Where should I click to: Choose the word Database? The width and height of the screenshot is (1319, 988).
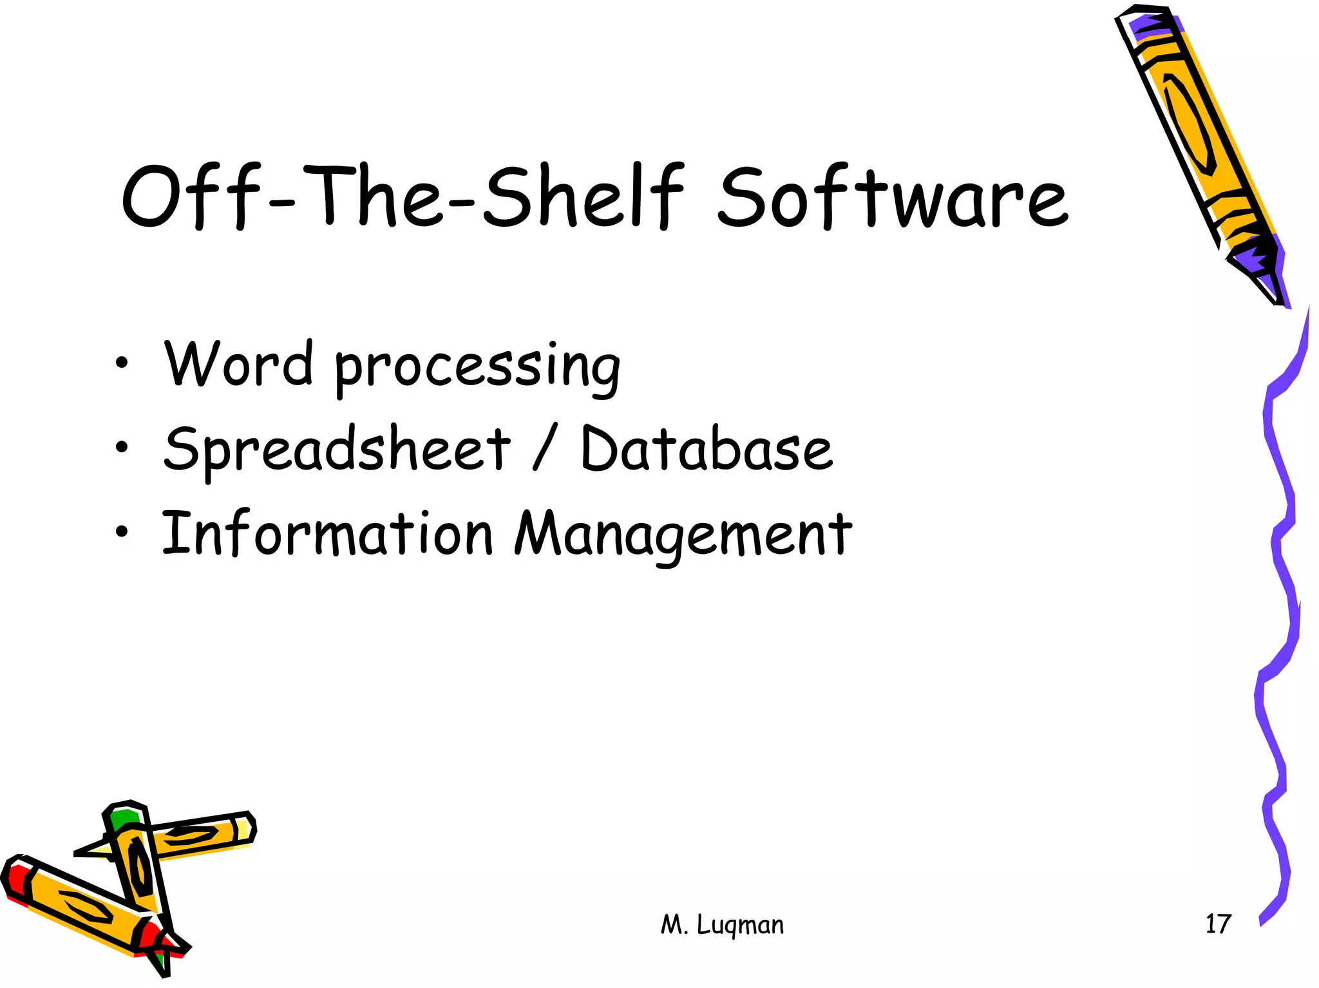click(706, 449)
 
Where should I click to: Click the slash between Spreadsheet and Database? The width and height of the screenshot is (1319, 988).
click(545, 449)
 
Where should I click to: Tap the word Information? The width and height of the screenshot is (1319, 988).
click(327, 533)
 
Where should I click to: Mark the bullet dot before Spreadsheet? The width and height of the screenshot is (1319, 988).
click(122, 447)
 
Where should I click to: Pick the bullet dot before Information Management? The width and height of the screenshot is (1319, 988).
click(122, 531)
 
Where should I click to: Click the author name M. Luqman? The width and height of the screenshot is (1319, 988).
click(722, 925)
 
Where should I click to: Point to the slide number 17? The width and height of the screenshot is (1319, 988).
click(1217, 924)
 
